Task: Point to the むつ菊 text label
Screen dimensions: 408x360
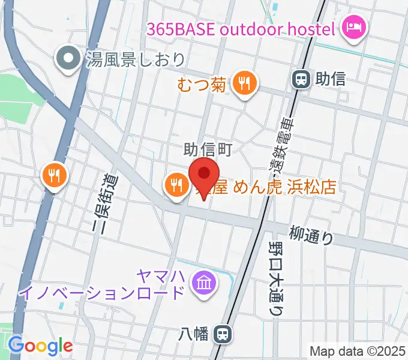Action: [202, 85]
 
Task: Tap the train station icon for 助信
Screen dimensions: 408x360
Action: [300, 79]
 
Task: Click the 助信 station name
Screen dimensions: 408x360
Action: [331, 79]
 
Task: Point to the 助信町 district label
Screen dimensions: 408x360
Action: [207, 148]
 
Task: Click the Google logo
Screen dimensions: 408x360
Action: [40, 346]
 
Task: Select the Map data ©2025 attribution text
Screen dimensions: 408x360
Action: [357, 351]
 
